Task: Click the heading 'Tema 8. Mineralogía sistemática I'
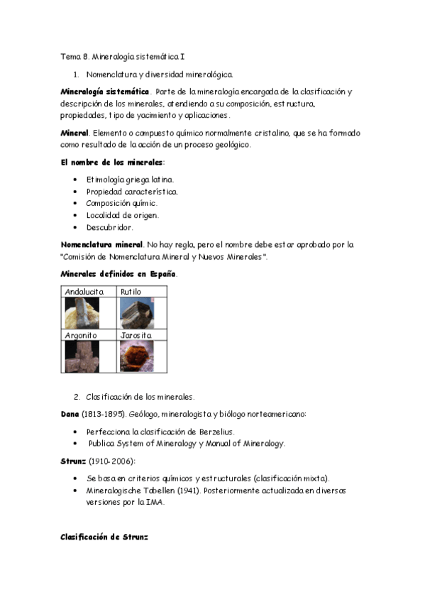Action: [122, 55]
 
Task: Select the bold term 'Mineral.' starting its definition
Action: [74, 133]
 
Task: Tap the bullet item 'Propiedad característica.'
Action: [132, 192]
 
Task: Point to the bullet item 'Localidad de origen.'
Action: [122, 215]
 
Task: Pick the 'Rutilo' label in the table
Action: [131, 292]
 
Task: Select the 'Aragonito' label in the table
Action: [82, 334]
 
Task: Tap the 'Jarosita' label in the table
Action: [136, 334]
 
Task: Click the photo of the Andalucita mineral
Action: [82, 312]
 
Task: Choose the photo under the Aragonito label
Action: [82, 356]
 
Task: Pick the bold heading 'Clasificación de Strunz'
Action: [104, 537]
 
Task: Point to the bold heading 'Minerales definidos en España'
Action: [118, 274]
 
